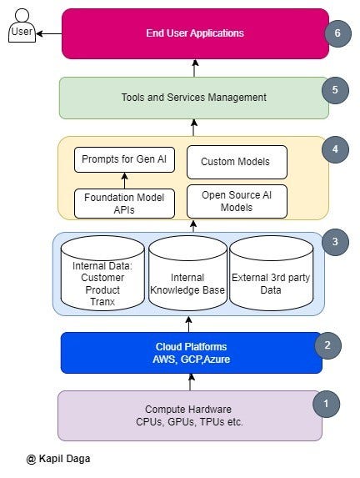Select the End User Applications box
point(195,33)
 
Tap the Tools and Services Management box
point(193,98)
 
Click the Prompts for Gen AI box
point(124,159)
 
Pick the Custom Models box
point(236,161)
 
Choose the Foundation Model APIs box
point(124,204)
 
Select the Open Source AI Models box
point(236,201)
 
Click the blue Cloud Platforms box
point(191,352)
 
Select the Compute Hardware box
point(190,415)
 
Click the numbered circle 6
point(337,33)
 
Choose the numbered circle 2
point(327,344)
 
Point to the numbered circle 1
point(326,405)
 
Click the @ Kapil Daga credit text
point(57,459)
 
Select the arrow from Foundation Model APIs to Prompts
point(124,180)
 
